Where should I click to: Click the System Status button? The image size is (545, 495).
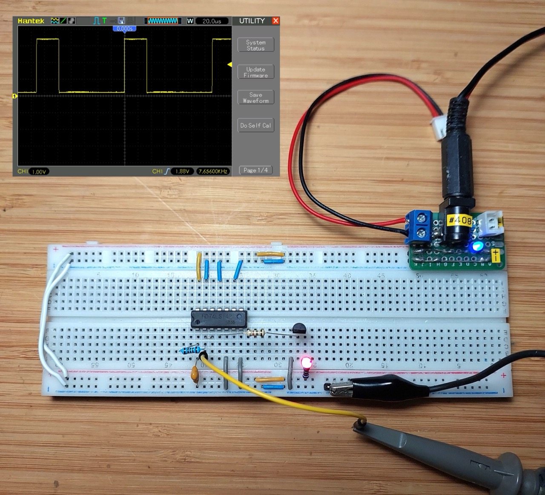255,45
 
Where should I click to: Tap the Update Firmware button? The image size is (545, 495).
255,72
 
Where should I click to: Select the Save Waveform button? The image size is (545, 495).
255,97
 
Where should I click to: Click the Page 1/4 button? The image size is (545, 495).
255,170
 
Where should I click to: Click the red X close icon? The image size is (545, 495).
275,20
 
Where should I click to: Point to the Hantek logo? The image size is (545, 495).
31,21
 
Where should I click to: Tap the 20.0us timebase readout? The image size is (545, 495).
212,21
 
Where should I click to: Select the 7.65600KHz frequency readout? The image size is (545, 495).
213,171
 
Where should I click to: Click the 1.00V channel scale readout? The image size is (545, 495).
38,172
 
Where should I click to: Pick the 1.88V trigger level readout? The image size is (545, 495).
182,171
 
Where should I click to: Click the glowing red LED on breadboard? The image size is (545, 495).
306,363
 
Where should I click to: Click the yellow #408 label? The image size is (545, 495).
460,220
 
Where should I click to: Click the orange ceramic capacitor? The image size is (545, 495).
195,375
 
